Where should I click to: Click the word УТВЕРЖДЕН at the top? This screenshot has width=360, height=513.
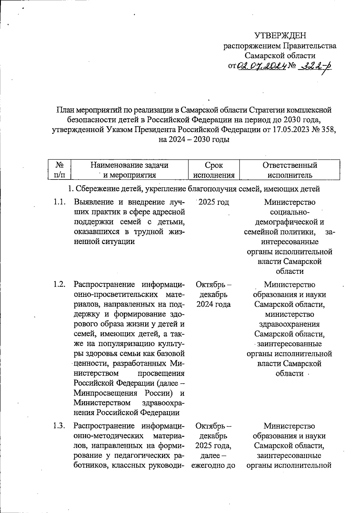280,36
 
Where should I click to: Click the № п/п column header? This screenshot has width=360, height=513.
60,170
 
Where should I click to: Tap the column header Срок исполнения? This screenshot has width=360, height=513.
214,170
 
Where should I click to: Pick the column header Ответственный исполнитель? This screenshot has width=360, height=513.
289,170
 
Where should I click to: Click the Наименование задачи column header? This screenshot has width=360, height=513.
129,165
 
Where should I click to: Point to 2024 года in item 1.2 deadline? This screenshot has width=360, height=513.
213,304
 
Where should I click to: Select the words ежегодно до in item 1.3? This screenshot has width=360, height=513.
213,466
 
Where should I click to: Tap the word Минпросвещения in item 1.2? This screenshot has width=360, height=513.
106,393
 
